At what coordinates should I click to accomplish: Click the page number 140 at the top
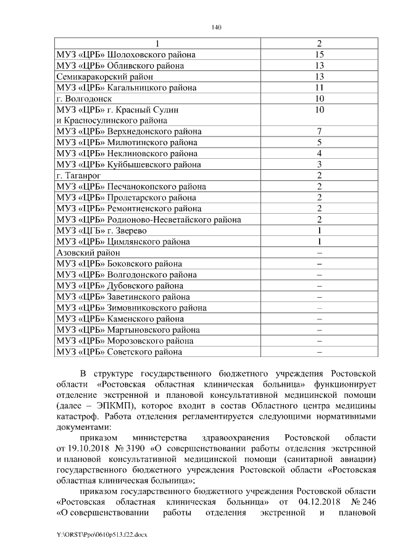[215, 27]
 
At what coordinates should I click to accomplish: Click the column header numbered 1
[156, 44]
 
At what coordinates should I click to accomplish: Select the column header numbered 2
[319, 44]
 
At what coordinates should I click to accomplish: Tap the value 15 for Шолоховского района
[319, 55]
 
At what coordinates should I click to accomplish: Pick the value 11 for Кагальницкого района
[319, 88]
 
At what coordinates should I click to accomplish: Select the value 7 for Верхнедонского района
[319, 132]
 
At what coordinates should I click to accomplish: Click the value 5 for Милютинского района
[319, 143]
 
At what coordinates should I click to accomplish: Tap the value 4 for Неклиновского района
[319, 153]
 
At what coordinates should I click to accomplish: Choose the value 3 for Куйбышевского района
[319, 164]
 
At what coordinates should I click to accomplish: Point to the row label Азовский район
[88, 252]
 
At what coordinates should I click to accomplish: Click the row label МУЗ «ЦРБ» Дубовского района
[119, 285]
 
